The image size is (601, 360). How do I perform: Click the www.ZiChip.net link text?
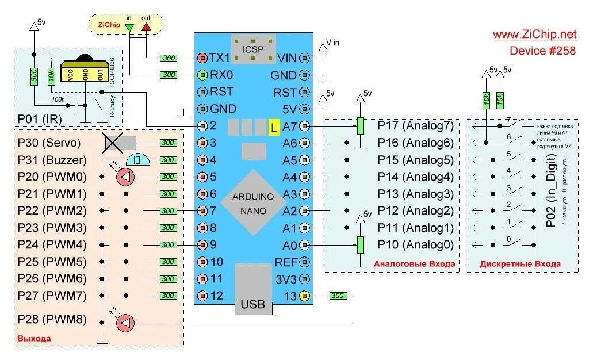(534, 35)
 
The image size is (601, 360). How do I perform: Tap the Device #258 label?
(542, 51)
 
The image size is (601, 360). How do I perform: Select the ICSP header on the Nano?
(253, 49)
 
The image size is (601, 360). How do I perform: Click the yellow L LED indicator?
(274, 127)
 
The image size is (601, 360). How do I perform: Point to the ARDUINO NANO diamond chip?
(253, 202)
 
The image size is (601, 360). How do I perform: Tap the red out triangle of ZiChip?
(146, 27)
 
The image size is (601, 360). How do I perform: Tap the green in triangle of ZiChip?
(129, 27)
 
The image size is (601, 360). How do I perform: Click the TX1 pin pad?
(202, 58)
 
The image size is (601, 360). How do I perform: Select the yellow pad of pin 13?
(304, 296)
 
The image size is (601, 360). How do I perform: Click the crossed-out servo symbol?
(119, 143)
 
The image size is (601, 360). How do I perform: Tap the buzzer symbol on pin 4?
(138, 160)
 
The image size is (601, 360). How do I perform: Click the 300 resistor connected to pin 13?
(338, 296)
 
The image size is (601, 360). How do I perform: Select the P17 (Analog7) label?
(415, 125)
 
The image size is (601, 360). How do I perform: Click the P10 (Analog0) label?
(415, 245)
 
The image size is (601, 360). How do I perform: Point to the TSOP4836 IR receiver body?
(85, 74)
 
